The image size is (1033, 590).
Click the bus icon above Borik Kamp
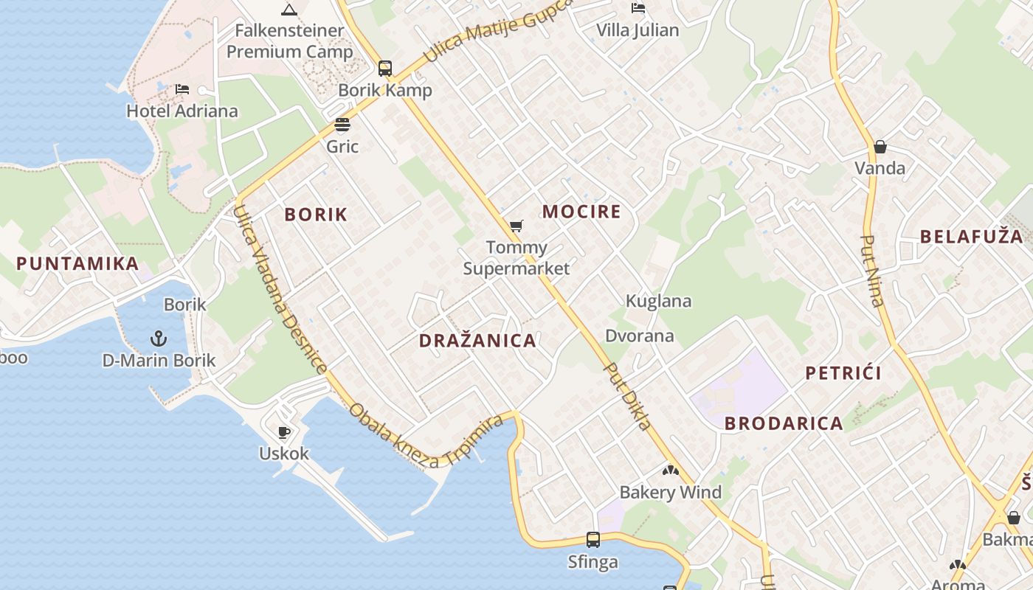tap(385, 69)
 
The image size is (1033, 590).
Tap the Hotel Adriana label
tap(182, 111)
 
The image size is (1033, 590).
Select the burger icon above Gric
tap(342, 124)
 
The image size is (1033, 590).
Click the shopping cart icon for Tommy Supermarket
tap(516, 226)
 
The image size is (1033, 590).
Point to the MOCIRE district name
tap(581, 212)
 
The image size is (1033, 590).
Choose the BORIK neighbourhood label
tap(316, 215)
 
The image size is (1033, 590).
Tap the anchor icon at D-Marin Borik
tap(159, 339)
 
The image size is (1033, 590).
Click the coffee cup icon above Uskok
tap(284, 431)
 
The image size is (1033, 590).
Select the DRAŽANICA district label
tap(477, 341)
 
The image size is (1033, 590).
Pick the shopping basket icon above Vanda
tap(880, 147)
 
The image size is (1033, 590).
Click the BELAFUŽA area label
tap(971, 237)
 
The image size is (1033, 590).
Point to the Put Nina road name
tap(874, 271)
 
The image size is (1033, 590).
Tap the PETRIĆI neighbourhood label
tap(843, 373)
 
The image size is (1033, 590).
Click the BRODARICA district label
tap(784, 423)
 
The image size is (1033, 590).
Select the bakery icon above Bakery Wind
tap(670, 470)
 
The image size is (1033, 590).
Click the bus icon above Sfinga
tap(592, 539)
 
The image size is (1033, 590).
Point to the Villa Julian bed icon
tap(638, 8)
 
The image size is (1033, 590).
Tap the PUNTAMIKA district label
tap(77, 263)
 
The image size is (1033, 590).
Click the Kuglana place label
tap(658, 301)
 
